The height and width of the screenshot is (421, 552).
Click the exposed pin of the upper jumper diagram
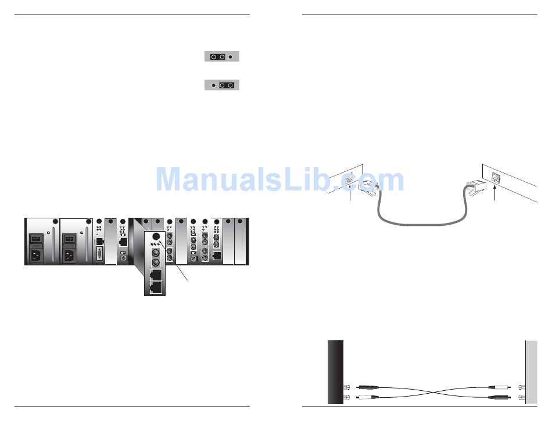tap(231, 57)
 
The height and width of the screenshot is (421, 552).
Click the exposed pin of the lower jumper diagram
tap(213, 85)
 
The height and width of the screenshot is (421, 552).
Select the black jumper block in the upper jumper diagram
tap(218, 57)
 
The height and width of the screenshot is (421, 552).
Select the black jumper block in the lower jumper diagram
tap(227, 85)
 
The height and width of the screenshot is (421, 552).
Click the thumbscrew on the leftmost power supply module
tap(55, 221)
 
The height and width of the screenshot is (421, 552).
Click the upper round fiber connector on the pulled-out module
tap(155, 254)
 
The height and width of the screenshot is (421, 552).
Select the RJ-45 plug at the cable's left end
tap(369, 188)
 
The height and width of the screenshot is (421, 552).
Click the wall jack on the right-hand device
tap(495, 178)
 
